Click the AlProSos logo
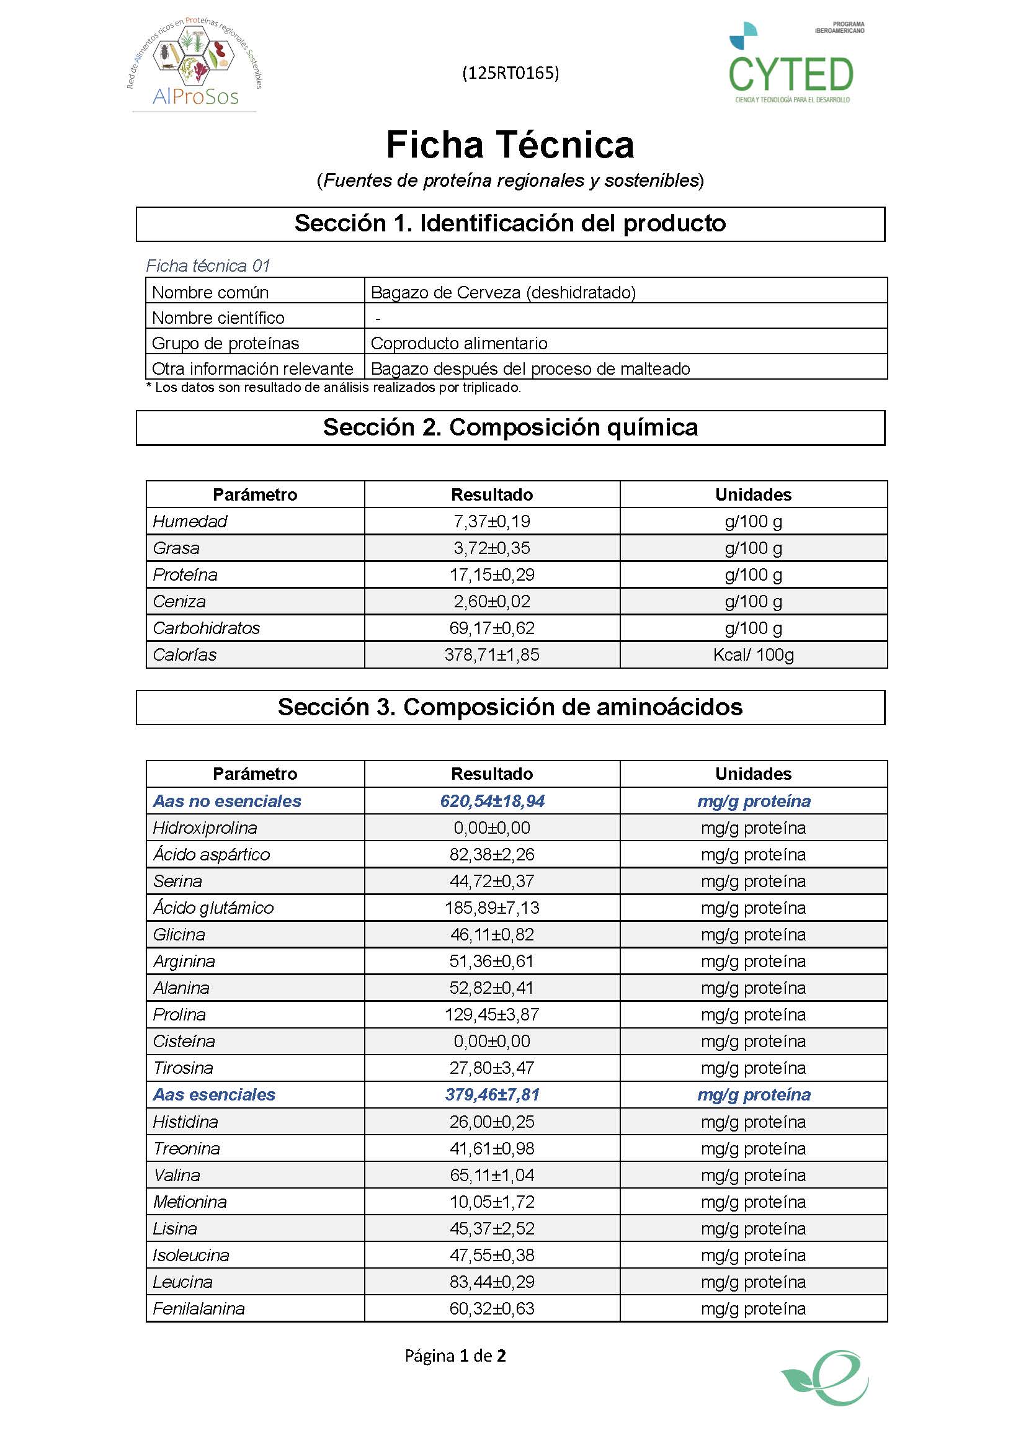click(x=195, y=63)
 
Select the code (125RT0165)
click(x=510, y=73)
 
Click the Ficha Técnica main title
click(x=510, y=145)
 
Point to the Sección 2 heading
click(x=510, y=428)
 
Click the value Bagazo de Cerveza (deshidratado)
click(x=503, y=293)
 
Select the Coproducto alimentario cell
click(x=458, y=343)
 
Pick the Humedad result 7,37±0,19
click(x=491, y=521)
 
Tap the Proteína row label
click(x=185, y=574)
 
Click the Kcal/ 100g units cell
click(x=753, y=654)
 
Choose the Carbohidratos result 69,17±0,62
click(x=491, y=628)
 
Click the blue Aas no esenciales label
click(x=227, y=801)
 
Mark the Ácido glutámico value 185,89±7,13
click(x=491, y=908)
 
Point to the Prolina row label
click(x=179, y=1014)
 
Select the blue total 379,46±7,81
click(x=491, y=1094)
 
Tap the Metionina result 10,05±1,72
click(x=491, y=1202)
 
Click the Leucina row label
click(x=182, y=1282)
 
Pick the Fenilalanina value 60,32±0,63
click(x=491, y=1308)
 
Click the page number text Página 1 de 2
click(x=455, y=1355)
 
